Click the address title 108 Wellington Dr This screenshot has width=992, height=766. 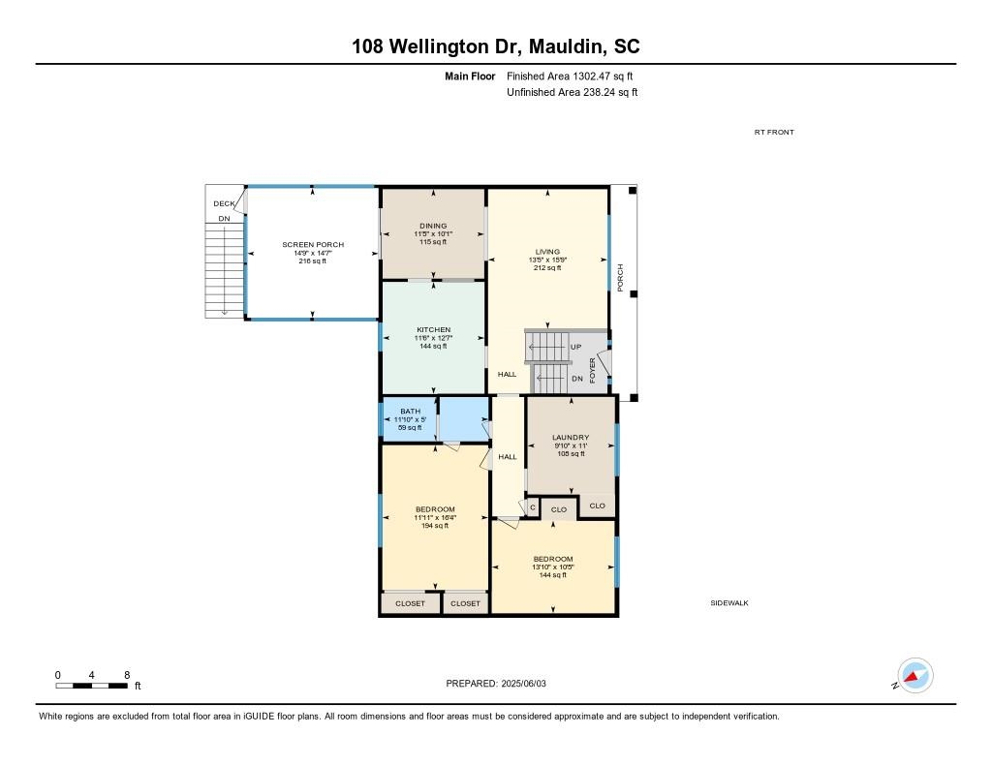click(495, 46)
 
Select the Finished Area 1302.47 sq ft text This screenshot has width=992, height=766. click(571, 76)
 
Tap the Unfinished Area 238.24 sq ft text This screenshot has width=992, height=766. click(572, 93)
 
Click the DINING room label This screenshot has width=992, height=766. click(433, 226)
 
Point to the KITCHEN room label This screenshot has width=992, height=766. click(433, 330)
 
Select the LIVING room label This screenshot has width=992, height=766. click(547, 252)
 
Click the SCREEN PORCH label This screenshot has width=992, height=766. click(312, 245)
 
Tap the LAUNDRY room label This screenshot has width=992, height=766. click(571, 438)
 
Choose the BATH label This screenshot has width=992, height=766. click(410, 412)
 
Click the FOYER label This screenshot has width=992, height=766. click(593, 370)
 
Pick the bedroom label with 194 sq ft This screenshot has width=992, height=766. click(435, 509)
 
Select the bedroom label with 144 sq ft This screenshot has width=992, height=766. click(552, 559)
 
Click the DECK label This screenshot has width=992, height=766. click(224, 203)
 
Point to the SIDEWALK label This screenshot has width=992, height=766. click(729, 602)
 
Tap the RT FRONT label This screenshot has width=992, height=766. click(774, 133)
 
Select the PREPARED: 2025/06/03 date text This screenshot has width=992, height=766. click(502, 683)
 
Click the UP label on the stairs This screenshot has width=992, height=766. click(575, 347)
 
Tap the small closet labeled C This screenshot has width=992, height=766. click(532, 507)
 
